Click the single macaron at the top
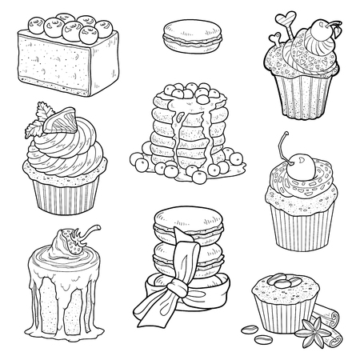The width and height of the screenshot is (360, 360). click(x=179, y=36)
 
